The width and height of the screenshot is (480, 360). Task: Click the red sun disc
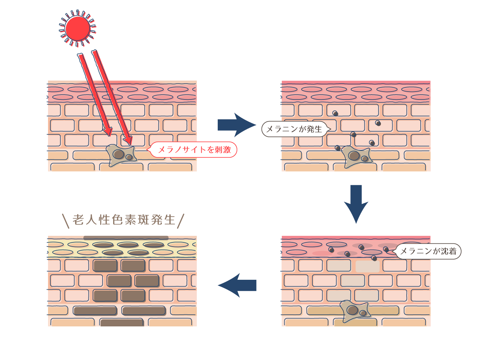pyautogui.click(x=77, y=28)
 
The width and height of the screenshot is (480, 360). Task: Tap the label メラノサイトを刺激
pyautogui.click(x=194, y=150)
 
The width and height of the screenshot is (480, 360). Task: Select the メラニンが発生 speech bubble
pyautogui.click(x=294, y=129)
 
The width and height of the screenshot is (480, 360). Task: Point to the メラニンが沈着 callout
pyautogui.click(x=428, y=251)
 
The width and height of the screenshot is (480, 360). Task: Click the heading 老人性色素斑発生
pyautogui.click(x=124, y=220)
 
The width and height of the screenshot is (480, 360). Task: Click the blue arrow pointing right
pyautogui.click(x=236, y=125)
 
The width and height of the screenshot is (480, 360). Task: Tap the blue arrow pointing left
pyautogui.click(x=237, y=285)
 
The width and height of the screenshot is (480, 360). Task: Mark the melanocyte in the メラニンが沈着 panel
pyautogui.click(x=355, y=311)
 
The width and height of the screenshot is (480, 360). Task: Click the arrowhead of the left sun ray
pyautogui.click(x=108, y=131)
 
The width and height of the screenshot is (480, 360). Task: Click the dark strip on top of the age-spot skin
pyautogui.click(x=126, y=238)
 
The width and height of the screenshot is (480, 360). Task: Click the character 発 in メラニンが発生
pyautogui.click(x=310, y=129)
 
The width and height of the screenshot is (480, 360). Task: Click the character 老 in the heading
pyautogui.click(x=78, y=220)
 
